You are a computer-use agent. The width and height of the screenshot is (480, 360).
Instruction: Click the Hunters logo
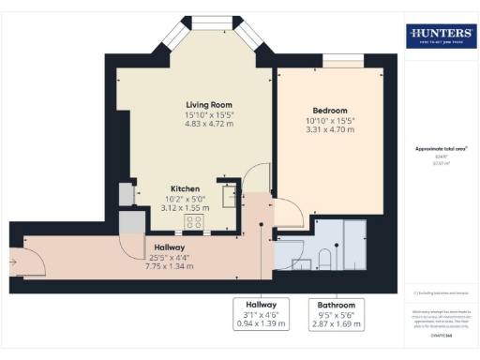point(441,36)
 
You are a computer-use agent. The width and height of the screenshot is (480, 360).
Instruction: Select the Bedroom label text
point(330,110)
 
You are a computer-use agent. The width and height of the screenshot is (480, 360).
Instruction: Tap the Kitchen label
point(184,188)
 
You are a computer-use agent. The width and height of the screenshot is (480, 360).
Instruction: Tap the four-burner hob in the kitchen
point(195,222)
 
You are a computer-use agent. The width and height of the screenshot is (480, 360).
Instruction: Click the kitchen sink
point(229,195)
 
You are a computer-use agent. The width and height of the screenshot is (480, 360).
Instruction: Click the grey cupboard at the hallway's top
point(132,221)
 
